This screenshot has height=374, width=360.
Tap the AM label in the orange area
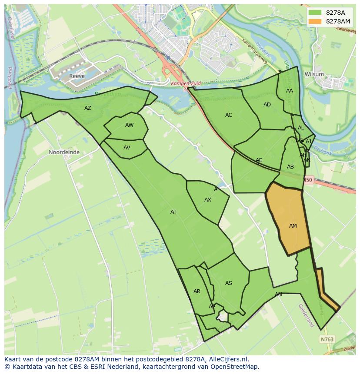tap(293, 226)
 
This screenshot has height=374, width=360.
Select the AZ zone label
tap(88, 108)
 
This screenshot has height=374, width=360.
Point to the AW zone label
tap(129, 125)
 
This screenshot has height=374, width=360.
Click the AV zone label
tap(127, 148)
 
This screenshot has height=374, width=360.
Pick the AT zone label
tap(173, 212)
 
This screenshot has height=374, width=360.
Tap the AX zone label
tap(208, 200)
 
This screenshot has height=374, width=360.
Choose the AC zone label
tap(229, 115)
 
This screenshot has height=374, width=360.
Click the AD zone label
tap(267, 105)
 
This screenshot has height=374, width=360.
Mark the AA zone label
tap(290, 91)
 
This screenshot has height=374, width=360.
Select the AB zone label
tap(290, 167)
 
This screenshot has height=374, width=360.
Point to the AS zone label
tap(229, 283)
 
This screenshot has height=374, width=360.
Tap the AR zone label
tap(197, 291)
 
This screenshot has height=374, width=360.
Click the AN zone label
tap(278, 295)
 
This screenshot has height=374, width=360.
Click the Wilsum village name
tap(314, 74)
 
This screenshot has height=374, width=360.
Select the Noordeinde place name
tap(64, 152)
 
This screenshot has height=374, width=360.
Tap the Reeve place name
tap(77, 76)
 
